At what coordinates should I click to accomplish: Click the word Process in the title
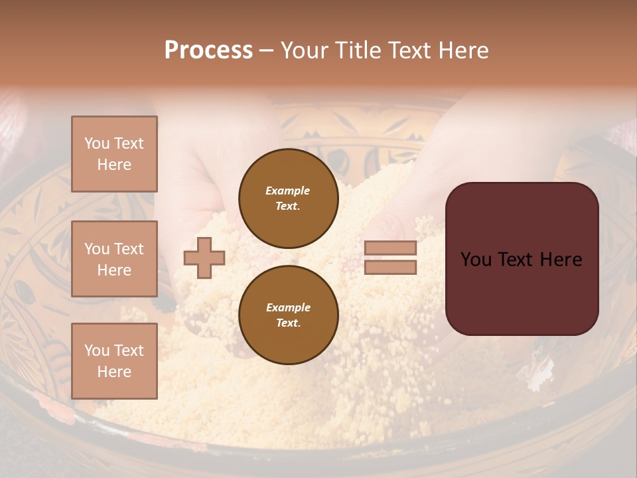(208, 50)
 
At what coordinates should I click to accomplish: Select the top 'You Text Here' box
(114, 154)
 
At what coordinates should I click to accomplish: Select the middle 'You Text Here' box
(114, 259)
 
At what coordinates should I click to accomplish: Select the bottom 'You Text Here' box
(114, 361)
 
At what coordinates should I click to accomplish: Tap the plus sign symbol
(204, 258)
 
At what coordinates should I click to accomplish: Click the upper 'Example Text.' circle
(288, 198)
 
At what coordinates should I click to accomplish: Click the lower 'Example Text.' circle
(288, 315)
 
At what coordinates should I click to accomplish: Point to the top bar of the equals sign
(390, 248)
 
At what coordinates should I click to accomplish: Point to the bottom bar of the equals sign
(390, 267)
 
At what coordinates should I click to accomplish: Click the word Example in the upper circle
(288, 191)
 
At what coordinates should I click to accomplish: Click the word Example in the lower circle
(288, 307)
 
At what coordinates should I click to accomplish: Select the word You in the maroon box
(476, 260)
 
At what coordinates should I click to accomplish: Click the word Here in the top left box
(114, 165)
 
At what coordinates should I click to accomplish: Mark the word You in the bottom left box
(97, 351)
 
